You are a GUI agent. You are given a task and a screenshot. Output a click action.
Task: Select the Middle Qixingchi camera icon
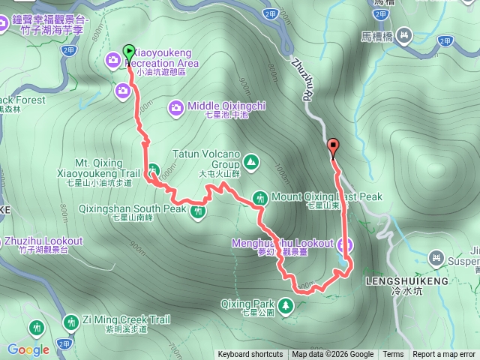point(175,107)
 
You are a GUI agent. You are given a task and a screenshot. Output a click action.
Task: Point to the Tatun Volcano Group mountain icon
point(250,160)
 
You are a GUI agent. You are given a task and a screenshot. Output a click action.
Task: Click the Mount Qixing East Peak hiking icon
point(260,198)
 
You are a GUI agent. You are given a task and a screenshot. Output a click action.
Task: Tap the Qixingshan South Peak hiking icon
point(198,212)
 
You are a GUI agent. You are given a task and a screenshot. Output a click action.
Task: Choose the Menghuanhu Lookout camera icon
point(345,244)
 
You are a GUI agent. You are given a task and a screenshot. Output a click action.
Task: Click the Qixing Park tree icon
point(286,305)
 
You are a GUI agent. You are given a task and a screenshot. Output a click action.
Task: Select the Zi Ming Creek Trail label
point(122,319)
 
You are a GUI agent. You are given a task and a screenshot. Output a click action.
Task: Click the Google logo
point(28,349)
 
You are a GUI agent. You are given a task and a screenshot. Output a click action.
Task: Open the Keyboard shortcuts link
point(250,355)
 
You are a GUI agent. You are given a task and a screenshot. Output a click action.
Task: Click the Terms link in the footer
point(393,355)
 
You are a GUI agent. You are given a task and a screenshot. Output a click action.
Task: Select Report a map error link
point(444,355)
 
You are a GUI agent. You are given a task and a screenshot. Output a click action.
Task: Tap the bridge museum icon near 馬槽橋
point(404,35)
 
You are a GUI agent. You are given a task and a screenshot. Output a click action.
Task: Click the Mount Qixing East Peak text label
point(326,197)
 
